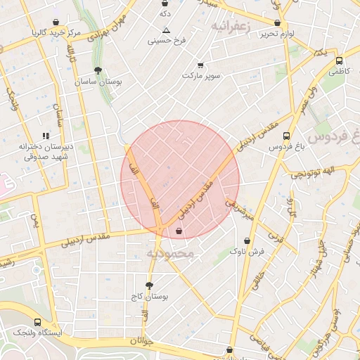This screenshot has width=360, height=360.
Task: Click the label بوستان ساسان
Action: (x=98, y=82)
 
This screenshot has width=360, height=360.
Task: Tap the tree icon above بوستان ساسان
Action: (x=98, y=70)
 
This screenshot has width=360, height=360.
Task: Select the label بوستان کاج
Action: (x=149, y=297)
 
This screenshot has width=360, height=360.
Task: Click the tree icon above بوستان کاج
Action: (x=149, y=285)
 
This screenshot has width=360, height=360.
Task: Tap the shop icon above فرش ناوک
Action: (x=246, y=240)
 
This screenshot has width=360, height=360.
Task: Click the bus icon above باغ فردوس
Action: (x=286, y=136)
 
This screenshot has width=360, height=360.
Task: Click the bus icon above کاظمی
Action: (x=340, y=60)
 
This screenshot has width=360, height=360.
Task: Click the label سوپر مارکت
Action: (x=202, y=75)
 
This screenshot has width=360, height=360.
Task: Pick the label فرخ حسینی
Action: (x=166, y=41)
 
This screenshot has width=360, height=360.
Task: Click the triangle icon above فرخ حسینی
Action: (x=166, y=30)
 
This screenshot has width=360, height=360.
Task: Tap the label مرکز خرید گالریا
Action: (x=56, y=33)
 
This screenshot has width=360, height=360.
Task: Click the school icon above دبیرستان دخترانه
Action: (x=46, y=136)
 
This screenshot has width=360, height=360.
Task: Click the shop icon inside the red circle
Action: (x=179, y=230)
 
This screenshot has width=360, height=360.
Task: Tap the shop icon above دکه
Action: (x=165, y=4)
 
